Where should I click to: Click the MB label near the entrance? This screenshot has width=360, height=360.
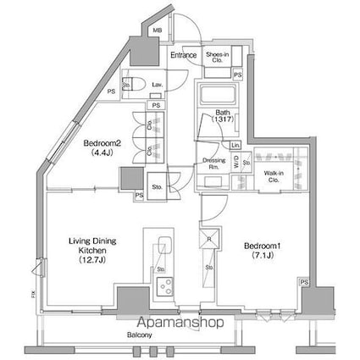point(158,31)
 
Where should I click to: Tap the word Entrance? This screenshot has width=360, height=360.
point(183,56)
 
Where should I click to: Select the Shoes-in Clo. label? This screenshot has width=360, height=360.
point(214,58)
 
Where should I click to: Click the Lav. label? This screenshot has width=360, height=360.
point(158,86)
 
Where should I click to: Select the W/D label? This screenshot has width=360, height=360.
point(235,163)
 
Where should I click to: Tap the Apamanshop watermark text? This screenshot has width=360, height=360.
point(180,322)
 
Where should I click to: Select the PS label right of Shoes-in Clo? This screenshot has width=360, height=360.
point(237,75)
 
